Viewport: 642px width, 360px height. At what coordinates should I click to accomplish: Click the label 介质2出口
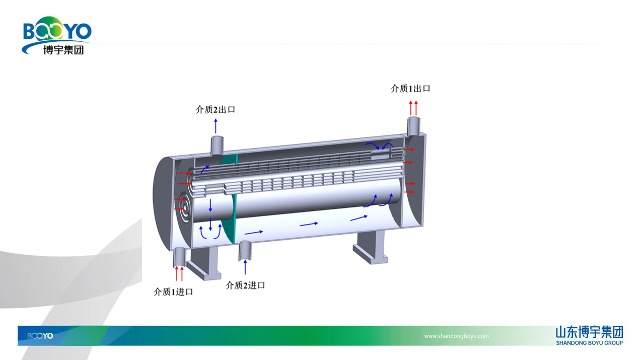point(216,109)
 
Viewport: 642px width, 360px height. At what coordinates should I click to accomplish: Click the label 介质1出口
point(410,89)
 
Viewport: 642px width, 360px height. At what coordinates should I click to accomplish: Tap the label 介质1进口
point(173,292)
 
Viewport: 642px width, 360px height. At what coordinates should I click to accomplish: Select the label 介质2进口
point(245,285)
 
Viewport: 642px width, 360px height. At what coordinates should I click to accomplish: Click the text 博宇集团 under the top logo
point(63,50)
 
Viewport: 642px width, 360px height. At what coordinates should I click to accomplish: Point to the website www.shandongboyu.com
point(456,336)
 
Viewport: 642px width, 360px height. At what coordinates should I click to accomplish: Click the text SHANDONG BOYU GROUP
point(589,343)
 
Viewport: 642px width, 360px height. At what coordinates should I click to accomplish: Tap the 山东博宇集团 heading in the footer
point(589,332)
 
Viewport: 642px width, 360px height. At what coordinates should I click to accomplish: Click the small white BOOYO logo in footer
point(40,336)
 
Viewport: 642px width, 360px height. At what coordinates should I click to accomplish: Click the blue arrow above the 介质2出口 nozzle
point(216,126)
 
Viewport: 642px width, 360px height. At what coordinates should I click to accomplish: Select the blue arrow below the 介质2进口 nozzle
point(245,267)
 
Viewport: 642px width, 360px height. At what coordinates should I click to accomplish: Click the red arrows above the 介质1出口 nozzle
point(413,108)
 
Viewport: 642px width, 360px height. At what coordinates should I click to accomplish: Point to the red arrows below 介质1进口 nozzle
point(179,273)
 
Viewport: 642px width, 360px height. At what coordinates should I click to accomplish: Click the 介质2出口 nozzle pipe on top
point(217,145)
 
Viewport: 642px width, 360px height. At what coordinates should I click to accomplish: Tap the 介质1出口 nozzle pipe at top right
point(413,126)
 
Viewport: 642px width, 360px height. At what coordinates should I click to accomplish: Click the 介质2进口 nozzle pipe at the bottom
point(245,250)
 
